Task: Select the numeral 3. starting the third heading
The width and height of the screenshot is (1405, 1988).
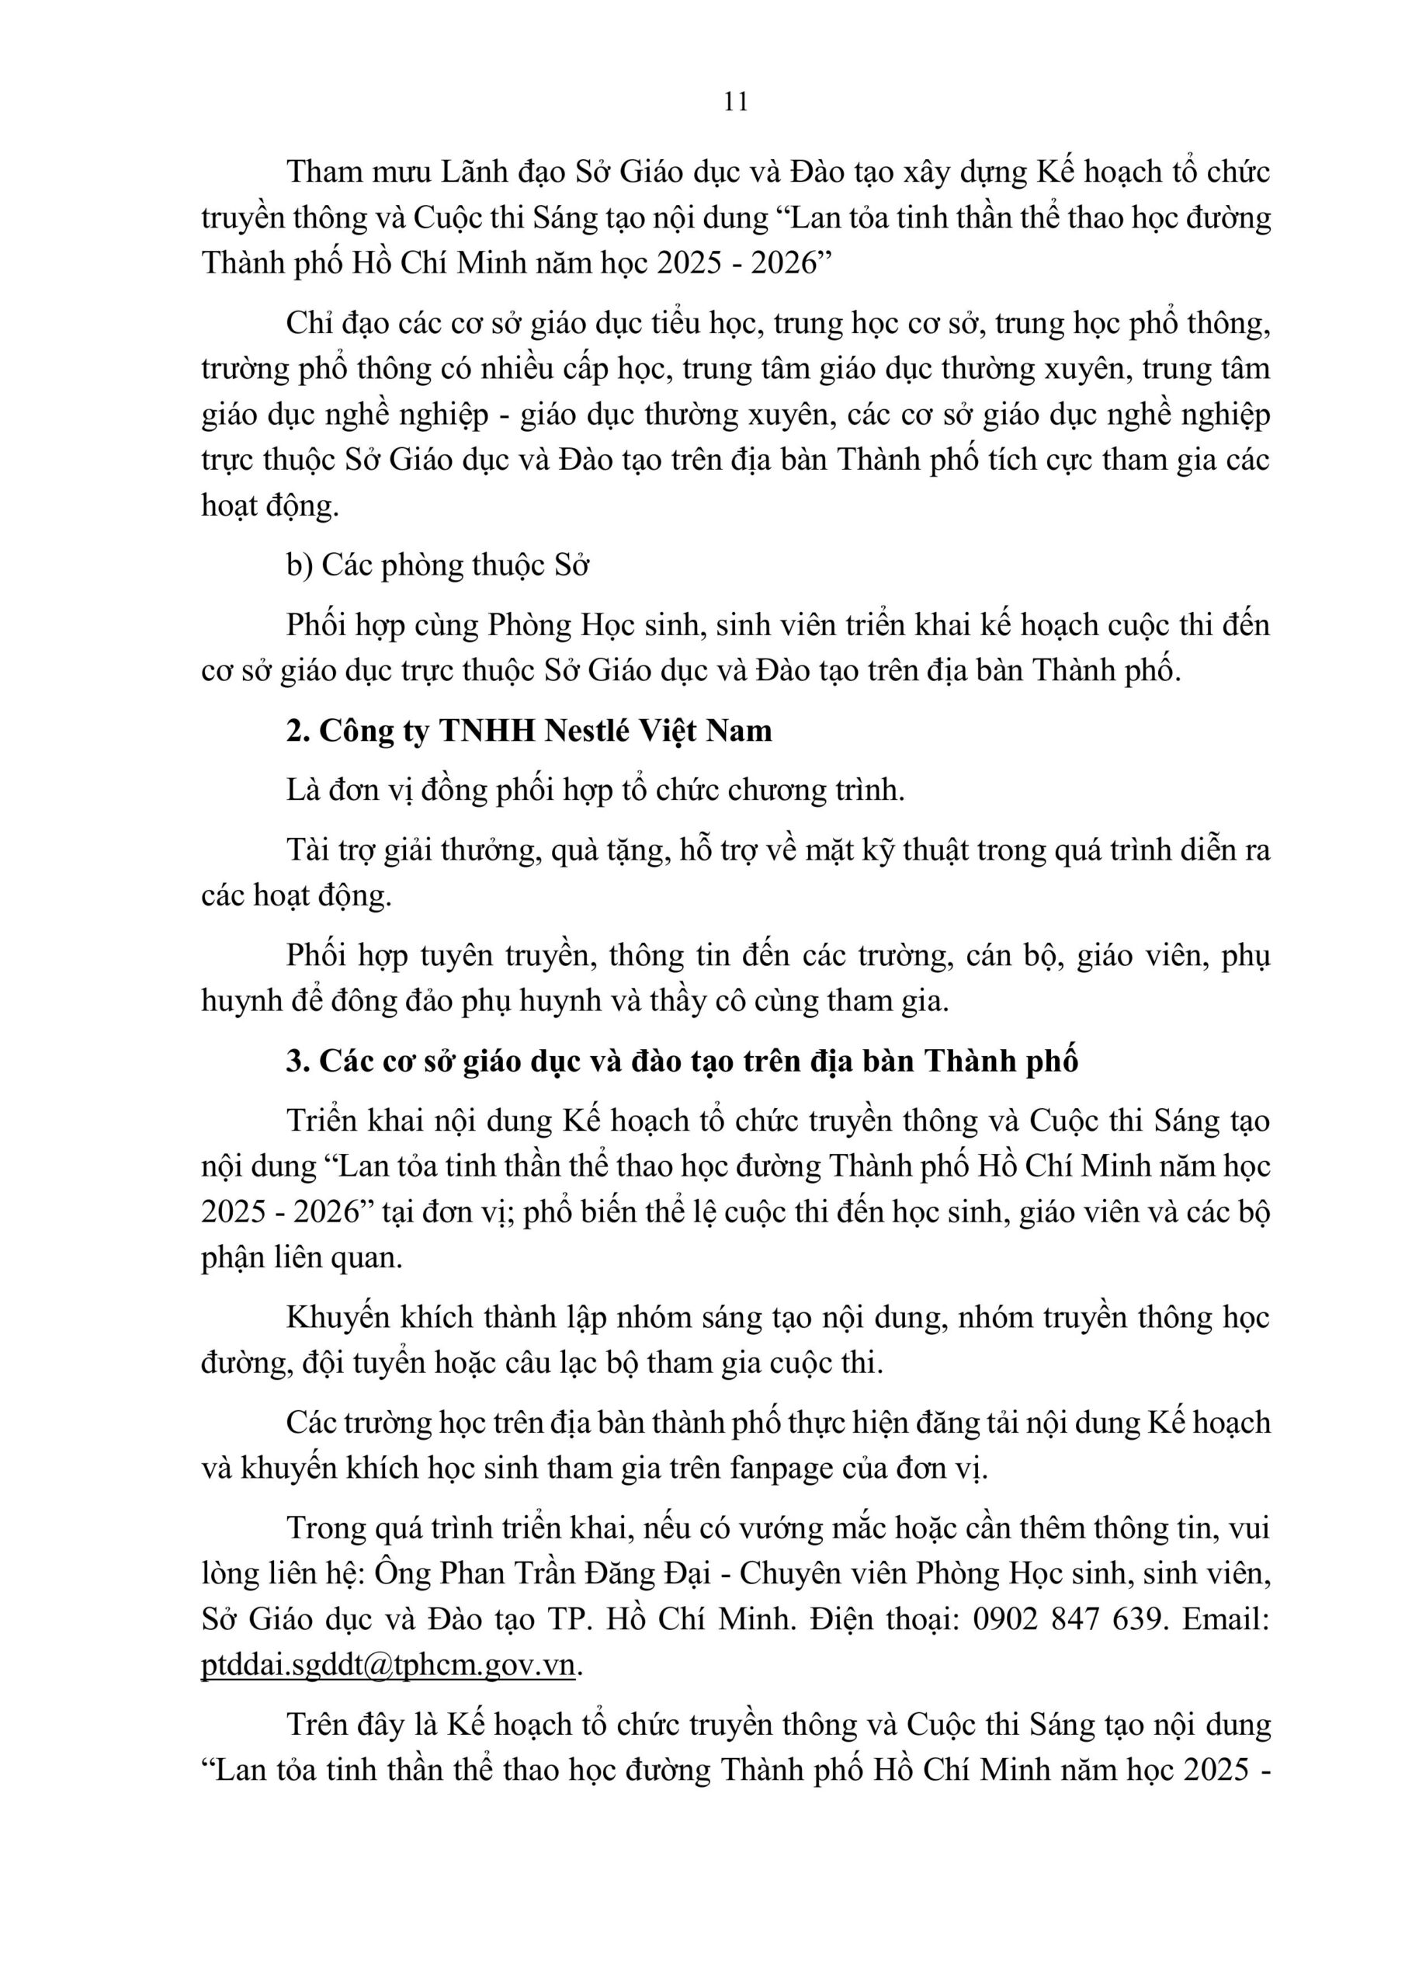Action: click(x=298, y=1061)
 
